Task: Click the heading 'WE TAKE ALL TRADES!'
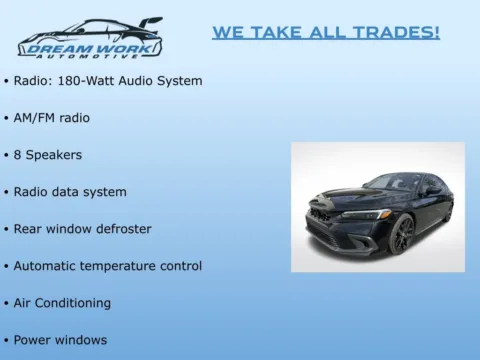point(325,33)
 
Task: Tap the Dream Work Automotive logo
point(90,38)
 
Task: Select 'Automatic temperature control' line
point(108,266)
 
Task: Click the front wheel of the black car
point(402,236)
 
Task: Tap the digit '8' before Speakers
point(18,155)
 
